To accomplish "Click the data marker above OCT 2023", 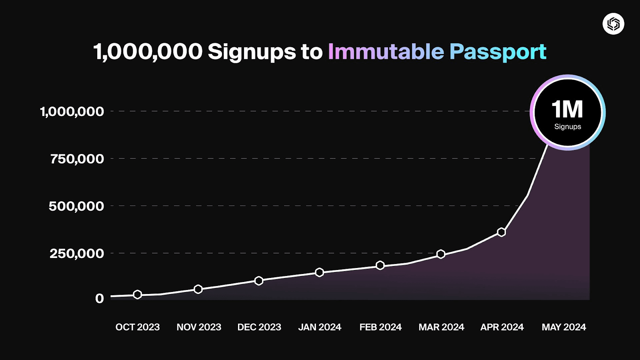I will click(137, 294).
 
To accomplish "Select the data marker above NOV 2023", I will click(198, 289).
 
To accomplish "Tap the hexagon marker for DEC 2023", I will click(259, 281).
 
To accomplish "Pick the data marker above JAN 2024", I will click(319, 272).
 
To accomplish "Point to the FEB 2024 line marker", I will click(380, 265).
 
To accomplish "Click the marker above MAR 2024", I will click(441, 254).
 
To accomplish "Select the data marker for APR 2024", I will click(501, 232).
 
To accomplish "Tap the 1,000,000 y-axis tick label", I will click(72, 111).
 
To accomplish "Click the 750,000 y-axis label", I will click(77, 159).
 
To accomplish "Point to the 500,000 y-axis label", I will click(76, 206).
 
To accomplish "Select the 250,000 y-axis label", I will click(76, 253).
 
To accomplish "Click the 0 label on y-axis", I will click(99, 298).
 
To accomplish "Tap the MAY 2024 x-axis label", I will click(564, 327).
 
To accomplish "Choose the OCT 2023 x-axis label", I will click(138, 327).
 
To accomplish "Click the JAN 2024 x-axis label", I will click(320, 327).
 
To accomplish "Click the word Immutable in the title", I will click(386, 52).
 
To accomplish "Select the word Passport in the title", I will click(498, 52).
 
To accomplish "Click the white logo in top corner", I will click(613, 24).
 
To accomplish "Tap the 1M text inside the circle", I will click(567, 109).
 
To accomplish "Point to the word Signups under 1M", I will click(568, 127).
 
